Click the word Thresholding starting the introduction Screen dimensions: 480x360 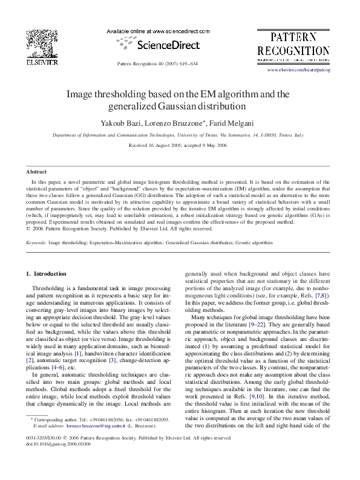point(49,289)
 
